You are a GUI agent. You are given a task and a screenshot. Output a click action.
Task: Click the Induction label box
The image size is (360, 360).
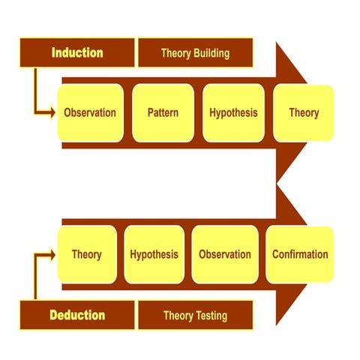(x=77, y=52)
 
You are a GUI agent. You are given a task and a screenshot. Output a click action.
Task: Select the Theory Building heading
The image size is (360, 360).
(x=195, y=53)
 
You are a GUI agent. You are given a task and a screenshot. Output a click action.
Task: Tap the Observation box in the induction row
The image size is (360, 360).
(x=90, y=112)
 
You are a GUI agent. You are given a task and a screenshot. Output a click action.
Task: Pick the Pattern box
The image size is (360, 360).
(x=162, y=112)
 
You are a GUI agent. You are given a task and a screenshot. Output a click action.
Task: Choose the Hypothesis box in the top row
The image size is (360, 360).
(x=233, y=112)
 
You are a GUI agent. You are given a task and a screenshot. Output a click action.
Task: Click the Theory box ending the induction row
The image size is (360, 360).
(x=303, y=112)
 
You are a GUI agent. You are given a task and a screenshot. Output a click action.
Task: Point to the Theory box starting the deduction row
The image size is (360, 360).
(x=86, y=254)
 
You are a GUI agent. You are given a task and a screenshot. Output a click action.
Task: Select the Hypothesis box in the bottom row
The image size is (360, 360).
(x=154, y=254)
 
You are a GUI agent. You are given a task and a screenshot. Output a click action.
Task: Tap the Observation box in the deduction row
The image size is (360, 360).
(x=224, y=254)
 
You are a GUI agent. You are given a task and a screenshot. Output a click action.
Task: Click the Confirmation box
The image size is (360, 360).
(x=299, y=254)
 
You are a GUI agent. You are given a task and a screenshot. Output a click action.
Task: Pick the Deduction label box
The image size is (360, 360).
(x=77, y=315)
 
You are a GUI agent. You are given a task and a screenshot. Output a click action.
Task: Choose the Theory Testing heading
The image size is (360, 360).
(x=195, y=315)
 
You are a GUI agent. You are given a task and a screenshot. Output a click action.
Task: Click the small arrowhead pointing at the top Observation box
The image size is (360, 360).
(x=52, y=113)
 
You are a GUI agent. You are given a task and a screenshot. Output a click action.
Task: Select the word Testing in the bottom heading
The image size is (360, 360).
(x=211, y=315)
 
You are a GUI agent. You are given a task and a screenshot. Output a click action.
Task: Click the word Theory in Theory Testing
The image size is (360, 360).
(x=178, y=315)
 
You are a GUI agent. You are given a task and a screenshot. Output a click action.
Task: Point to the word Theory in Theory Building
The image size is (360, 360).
(x=175, y=53)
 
